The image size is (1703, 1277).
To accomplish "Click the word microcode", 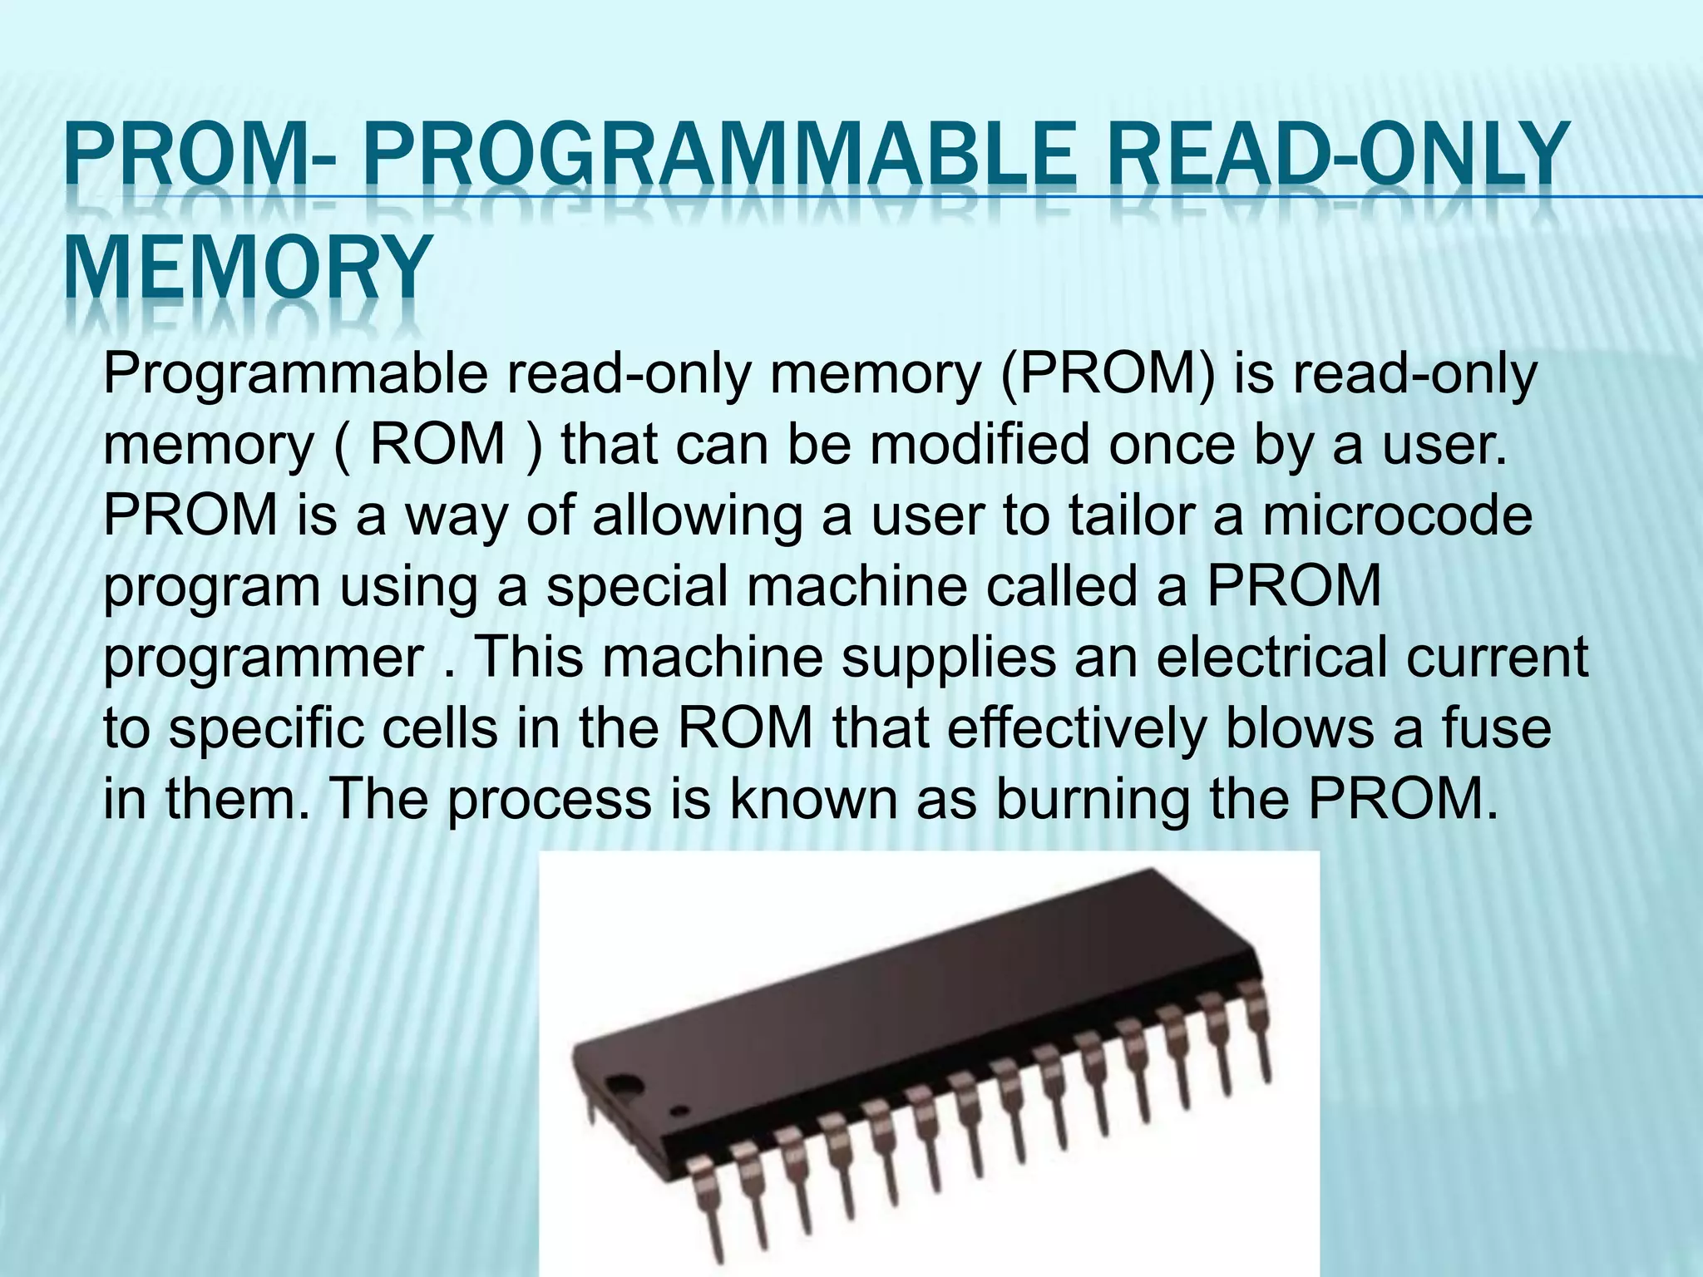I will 1397,515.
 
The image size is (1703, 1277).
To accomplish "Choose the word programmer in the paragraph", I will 264,658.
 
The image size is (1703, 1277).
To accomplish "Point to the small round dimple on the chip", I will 680,1110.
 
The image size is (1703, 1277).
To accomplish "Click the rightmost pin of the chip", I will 1257,1031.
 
